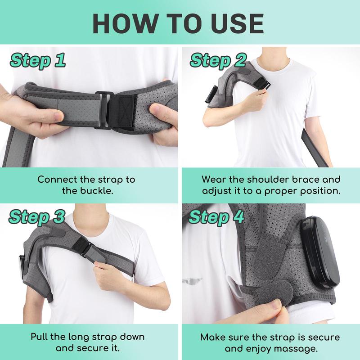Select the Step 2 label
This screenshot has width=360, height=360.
218,60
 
